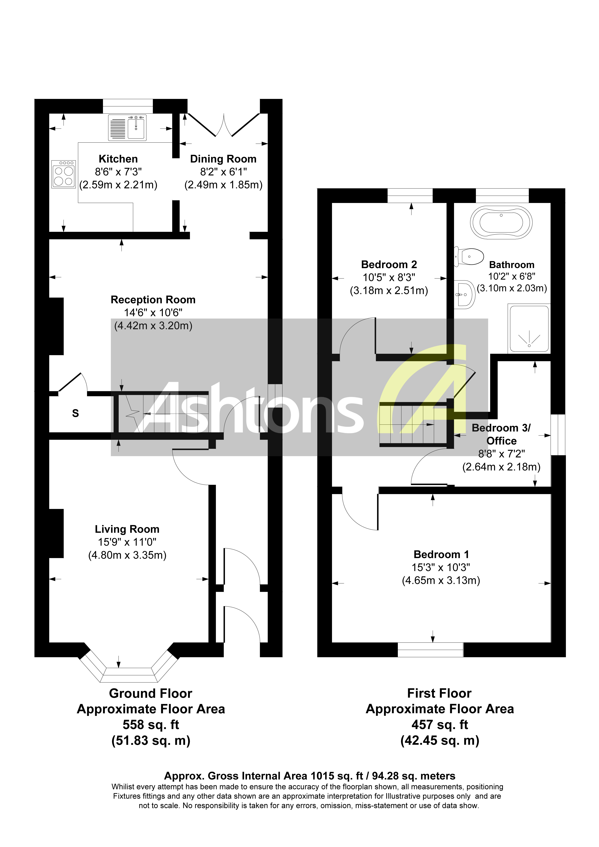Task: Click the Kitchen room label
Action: pyautogui.click(x=118, y=159)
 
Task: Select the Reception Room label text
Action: pyautogui.click(x=153, y=300)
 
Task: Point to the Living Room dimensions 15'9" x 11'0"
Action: pyautogui.click(x=127, y=542)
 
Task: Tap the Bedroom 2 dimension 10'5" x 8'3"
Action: pyautogui.click(x=389, y=277)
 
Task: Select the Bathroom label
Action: pyautogui.click(x=512, y=265)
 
